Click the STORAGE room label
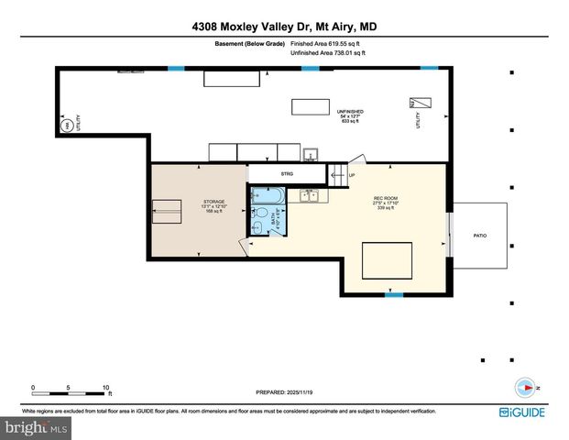(214, 203)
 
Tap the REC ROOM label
(385, 199)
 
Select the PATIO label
(479, 236)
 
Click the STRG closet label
(287, 172)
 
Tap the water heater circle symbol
(66, 126)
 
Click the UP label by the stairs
(351, 175)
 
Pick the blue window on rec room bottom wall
(393, 294)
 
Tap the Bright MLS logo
(37, 427)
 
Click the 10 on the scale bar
(106, 388)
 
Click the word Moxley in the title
(255, 27)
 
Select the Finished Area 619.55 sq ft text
(326, 43)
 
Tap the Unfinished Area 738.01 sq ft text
(326, 54)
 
